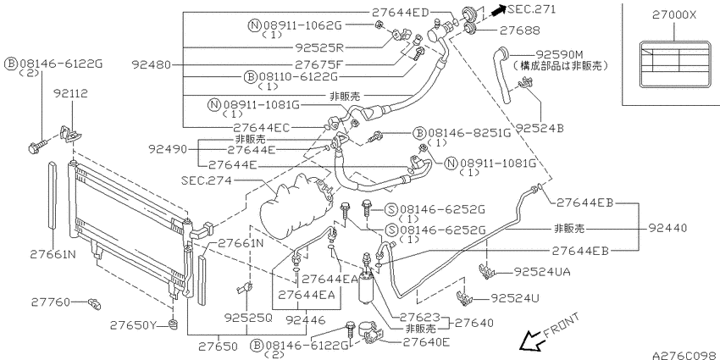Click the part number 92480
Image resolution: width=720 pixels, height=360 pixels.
151,64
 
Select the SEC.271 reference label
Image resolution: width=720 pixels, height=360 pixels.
531,9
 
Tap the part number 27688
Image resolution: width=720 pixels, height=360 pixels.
520,30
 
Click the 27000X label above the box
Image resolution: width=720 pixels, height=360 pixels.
674,15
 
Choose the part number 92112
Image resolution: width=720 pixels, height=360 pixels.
70,94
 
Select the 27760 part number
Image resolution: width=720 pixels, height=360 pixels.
51,302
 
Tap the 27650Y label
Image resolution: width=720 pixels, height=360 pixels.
134,325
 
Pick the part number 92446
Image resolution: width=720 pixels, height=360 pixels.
305,319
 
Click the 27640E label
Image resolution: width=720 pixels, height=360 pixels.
427,342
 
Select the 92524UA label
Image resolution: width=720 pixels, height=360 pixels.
542,272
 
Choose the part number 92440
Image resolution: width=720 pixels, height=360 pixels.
668,228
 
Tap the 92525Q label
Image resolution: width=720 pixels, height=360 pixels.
248,318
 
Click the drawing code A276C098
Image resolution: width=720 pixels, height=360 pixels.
686,356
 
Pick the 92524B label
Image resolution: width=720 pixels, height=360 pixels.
540,128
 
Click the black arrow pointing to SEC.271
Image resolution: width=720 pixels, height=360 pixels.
498,10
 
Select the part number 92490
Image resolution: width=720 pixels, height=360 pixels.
168,149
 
